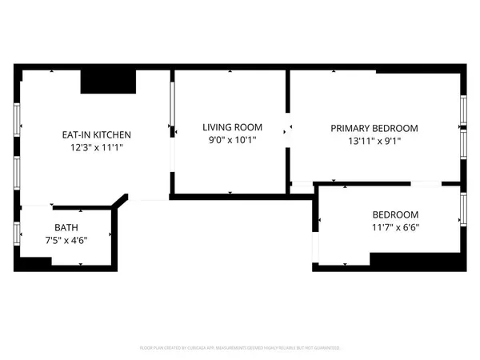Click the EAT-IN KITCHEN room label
pyautogui.click(x=97, y=134)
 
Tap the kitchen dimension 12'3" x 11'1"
pyautogui.click(x=97, y=147)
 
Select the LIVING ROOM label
pyautogui.click(x=232, y=127)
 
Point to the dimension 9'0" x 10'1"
pyautogui.click(x=232, y=140)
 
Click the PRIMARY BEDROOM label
pyautogui.click(x=374, y=128)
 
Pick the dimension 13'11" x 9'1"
pyautogui.click(x=374, y=141)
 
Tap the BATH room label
pyautogui.click(x=66, y=227)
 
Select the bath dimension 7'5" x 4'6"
pyautogui.click(x=66, y=239)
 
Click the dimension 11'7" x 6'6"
pyautogui.click(x=395, y=226)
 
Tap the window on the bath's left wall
pyautogui.click(x=18, y=232)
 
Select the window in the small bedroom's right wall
pyautogui.click(x=462, y=208)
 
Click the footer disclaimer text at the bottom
pyautogui.click(x=239, y=348)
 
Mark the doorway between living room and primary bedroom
pyautogui.click(x=289, y=128)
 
